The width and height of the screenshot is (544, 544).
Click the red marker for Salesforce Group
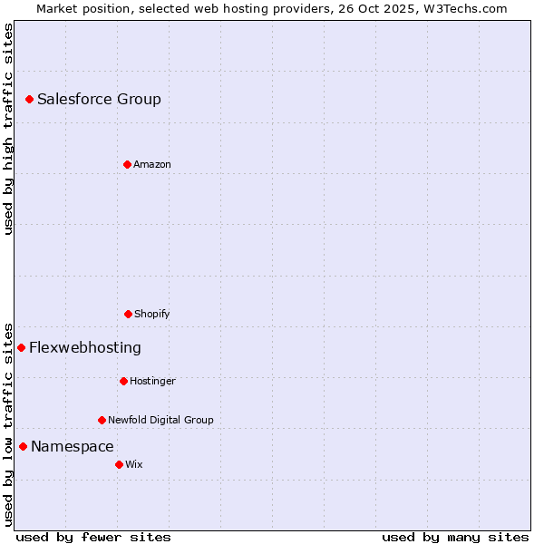click(29, 99)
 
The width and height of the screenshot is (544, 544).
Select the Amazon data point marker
click(127, 164)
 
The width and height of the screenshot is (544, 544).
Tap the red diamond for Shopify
click(128, 314)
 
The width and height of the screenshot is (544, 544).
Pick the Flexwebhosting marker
click(21, 347)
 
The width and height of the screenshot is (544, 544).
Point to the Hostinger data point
click(123, 381)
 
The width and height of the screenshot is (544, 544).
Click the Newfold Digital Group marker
click(102, 420)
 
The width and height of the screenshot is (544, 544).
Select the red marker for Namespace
click(23, 446)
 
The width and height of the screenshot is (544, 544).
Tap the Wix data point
click(119, 464)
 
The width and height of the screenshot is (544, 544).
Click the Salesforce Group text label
click(99, 99)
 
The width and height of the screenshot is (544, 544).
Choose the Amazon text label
click(152, 164)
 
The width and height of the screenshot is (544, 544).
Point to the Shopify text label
click(152, 314)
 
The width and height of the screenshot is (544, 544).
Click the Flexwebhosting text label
click(85, 347)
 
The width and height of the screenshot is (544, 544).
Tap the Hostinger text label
click(152, 381)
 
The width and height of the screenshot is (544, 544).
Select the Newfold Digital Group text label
click(160, 420)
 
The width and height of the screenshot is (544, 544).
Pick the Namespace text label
click(73, 446)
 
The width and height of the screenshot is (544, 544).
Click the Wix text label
click(134, 464)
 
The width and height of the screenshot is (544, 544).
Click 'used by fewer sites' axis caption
click(93, 537)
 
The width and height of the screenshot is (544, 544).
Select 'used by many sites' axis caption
click(455, 537)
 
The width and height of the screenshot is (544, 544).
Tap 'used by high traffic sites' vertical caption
click(8, 129)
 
